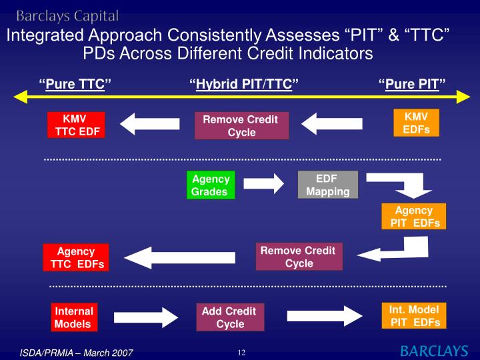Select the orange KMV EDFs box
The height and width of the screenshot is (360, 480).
point(416,122)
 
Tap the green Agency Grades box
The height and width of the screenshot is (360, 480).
point(210,185)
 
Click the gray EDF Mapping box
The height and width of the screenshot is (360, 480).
point(327,185)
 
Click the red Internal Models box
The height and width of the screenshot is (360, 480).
point(73,318)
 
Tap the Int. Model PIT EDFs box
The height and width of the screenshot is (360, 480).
point(413,316)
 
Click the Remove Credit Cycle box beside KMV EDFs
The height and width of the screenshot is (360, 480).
point(241,125)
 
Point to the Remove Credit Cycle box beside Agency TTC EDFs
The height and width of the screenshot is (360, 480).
point(299,257)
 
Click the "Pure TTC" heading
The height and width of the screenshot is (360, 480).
point(75,84)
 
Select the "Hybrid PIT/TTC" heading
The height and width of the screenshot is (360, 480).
point(243,84)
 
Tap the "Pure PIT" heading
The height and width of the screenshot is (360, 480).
point(412,84)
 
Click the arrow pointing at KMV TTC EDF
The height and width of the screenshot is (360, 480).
point(150,123)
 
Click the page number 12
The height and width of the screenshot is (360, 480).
point(241,352)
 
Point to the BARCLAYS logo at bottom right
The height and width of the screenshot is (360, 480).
point(433,351)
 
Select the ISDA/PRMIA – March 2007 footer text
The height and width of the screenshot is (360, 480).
point(76,352)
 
